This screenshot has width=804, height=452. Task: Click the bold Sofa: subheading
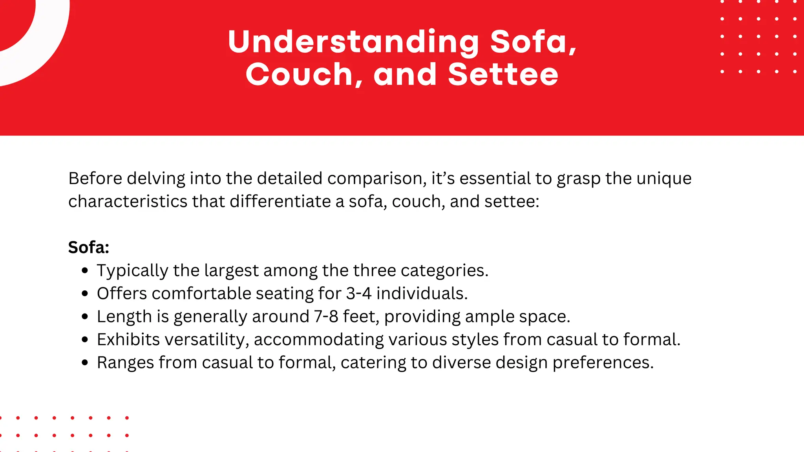pyautogui.click(x=89, y=248)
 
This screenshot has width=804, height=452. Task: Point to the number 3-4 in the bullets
pyautogui.click(x=359, y=293)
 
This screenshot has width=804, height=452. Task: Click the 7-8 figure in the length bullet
pyautogui.click(x=326, y=317)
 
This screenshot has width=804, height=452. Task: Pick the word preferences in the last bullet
pyautogui.click(x=603, y=363)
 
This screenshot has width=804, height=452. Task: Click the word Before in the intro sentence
pyautogui.click(x=95, y=179)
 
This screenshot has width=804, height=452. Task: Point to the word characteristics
pyautogui.click(x=128, y=202)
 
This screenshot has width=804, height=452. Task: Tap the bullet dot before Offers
pyautogui.click(x=85, y=293)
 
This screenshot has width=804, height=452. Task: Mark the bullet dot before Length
pyautogui.click(x=85, y=317)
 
